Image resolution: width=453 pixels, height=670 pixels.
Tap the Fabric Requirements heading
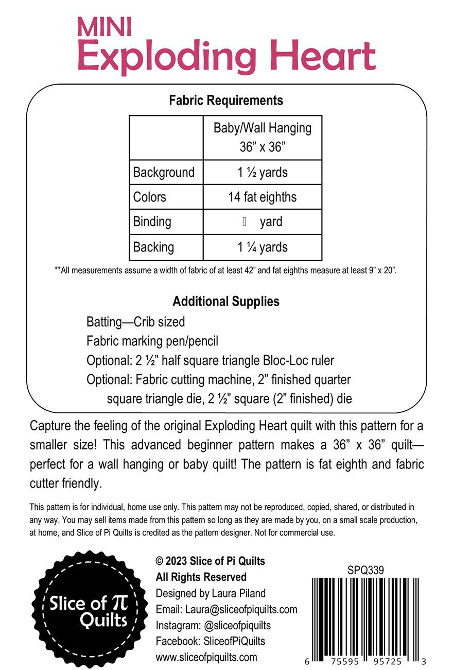tap(226, 100)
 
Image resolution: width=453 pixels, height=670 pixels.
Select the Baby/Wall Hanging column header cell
tap(263, 137)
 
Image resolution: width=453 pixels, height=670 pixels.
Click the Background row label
tap(164, 172)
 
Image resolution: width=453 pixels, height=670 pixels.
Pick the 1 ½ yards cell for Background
tap(263, 172)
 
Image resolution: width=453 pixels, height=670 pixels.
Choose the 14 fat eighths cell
tap(263, 197)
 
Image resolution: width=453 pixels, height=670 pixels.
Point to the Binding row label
tap(152, 222)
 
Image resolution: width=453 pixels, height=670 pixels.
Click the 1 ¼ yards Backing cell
tap(263, 247)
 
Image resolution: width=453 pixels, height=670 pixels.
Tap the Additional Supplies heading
tap(226, 301)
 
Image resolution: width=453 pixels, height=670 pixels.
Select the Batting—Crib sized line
tap(135, 323)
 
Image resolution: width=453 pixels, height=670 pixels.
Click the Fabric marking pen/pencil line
tap(152, 341)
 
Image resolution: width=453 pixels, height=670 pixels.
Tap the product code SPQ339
tap(366, 570)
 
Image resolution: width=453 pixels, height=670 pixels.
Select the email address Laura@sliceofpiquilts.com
tap(240, 609)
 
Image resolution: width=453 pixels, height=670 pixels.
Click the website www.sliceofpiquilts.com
tap(206, 657)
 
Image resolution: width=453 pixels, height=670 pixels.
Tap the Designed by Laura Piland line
tap(211, 593)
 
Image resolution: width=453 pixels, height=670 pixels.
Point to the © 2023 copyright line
tap(211, 561)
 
